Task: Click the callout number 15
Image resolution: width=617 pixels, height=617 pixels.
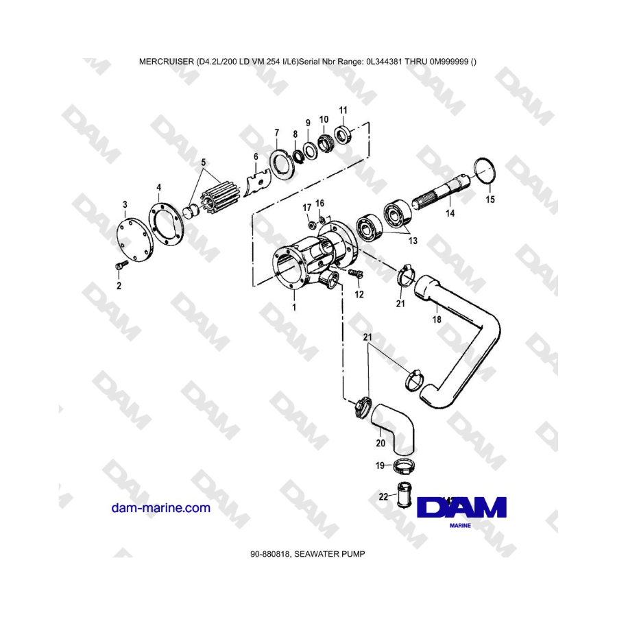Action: point(490,199)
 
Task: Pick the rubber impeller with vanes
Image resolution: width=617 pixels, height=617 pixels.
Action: point(214,199)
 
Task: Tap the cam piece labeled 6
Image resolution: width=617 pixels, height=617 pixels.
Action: point(257,183)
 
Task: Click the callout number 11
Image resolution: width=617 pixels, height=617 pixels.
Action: point(343,110)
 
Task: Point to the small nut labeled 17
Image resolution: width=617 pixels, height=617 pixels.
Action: point(311,225)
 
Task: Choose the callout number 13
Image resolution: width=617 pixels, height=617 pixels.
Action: point(413,241)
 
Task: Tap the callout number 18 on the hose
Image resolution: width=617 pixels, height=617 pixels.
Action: point(437,319)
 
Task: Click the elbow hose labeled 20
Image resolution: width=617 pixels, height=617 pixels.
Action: point(394,424)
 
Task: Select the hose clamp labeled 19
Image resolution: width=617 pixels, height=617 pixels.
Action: point(404,466)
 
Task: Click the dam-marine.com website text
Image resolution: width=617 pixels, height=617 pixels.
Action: point(161,508)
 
